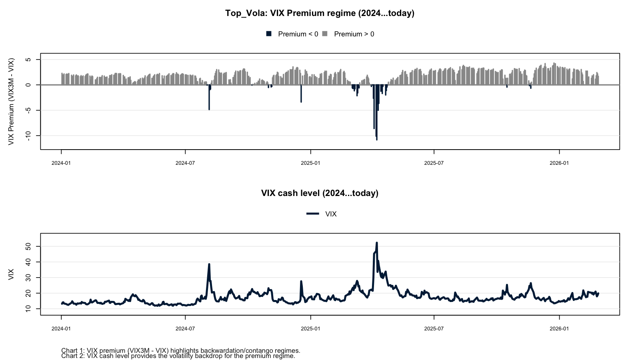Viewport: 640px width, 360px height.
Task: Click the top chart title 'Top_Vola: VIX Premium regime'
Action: click(x=320, y=13)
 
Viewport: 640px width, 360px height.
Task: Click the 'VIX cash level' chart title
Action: click(x=320, y=193)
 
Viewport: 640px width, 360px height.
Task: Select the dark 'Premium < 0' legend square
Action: click(x=269, y=34)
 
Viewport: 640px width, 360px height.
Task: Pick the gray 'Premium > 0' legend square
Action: click(x=325, y=34)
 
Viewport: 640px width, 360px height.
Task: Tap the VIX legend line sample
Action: click(x=313, y=214)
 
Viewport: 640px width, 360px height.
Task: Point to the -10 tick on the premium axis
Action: click(x=28, y=136)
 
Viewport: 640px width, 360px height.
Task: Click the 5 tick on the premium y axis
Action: click(x=28, y=60)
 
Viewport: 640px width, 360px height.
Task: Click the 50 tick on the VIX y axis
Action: click(x=28, y=246)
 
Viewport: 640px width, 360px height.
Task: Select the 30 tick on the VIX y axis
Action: click(x=28, y=278)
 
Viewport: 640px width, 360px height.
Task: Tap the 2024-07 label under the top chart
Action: click(x=185, y=163)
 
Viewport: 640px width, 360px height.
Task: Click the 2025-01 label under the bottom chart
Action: click(x=310, y=329)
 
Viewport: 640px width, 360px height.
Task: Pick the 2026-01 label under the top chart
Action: click(x=559, y=163)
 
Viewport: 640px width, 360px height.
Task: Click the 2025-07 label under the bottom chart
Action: click(x=434, y=329)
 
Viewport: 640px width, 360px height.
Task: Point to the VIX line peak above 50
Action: click(x=377, y=243)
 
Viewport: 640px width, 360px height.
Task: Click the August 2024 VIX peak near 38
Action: click(x=209, y=264)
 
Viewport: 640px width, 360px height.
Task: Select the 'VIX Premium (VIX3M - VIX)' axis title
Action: click(x=11, y=102)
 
